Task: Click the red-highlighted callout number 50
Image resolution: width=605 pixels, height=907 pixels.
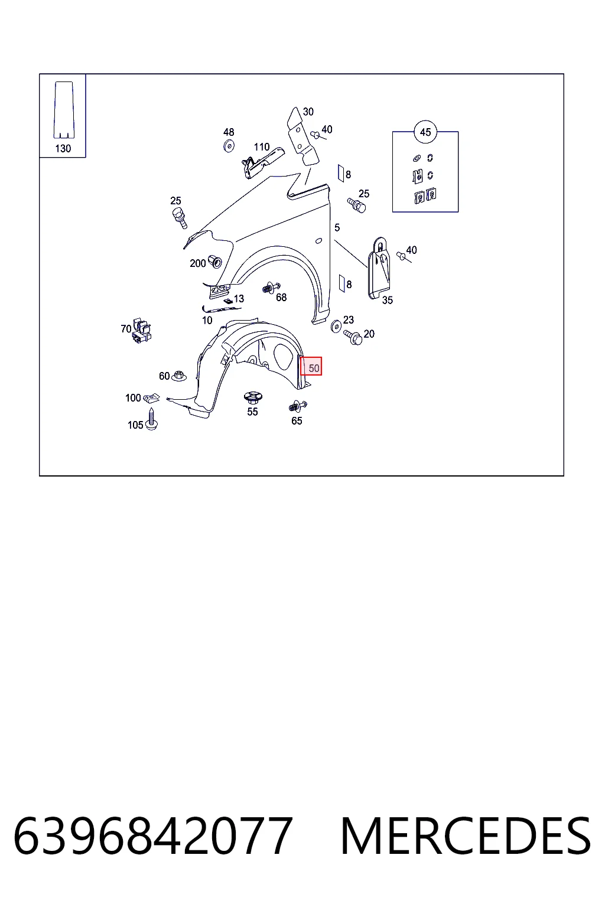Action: point(314,368)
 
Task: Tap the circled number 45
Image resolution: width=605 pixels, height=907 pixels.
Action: point(425,132)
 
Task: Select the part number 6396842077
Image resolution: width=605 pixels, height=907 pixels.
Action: point(153,836)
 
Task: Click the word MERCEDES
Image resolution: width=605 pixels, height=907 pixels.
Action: point(466,836)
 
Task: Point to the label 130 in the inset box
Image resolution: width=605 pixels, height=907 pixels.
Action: point(63,149)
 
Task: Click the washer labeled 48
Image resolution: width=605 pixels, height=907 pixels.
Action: point(229,146)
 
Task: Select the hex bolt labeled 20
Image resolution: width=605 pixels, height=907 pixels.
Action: point(353,337)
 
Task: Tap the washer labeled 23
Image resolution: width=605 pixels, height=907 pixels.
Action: point(336,326)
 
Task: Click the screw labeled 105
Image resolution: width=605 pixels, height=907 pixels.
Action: point(152,419)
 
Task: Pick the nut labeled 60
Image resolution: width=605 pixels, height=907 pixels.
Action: point(178,376)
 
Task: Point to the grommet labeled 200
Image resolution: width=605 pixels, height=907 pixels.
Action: point(215,262)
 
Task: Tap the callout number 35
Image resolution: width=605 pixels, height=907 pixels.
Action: point(388,300)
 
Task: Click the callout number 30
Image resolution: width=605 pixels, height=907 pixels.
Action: point(308,112)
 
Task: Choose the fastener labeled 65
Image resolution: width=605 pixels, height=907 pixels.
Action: point(298,406)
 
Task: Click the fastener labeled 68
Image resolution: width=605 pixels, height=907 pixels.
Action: point(271,288)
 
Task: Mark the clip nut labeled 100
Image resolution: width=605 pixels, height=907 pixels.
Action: point(152,399)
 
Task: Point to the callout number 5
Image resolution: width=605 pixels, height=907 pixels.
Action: point(337,228)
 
